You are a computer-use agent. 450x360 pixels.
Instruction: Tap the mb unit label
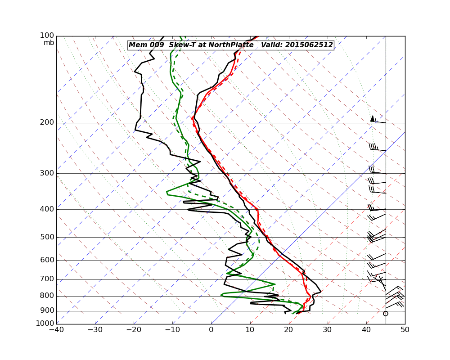point(49,43)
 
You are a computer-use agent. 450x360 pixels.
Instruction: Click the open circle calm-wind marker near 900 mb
point(385,314)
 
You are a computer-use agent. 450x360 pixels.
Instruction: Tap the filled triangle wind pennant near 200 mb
point(372,118)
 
